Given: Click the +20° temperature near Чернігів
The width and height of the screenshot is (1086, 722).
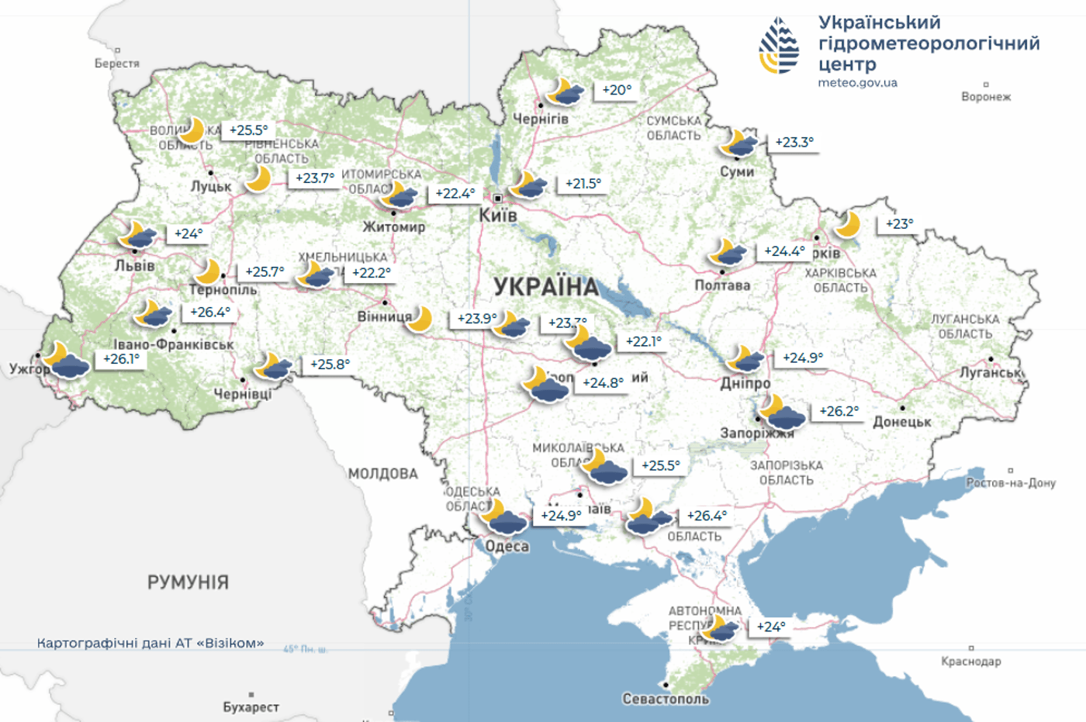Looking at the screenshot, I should pos(617,90).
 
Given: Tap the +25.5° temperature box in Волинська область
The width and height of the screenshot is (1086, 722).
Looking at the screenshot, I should pos(248,130).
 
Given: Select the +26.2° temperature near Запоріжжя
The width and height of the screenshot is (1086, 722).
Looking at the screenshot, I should pos(839,411).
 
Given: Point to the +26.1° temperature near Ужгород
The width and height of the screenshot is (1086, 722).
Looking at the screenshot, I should pos(122,359).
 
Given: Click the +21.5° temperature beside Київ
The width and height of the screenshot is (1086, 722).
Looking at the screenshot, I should pos(583,184).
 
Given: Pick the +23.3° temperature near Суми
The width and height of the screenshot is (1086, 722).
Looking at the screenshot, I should pos(794,142).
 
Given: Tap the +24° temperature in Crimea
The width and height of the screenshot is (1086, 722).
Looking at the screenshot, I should pos(771,627).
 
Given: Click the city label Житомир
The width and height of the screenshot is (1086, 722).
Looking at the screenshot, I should pos(394,227).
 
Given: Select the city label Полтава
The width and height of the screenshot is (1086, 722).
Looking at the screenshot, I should pos(722,285).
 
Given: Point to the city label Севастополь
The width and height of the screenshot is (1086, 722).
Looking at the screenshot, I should pos(666,699).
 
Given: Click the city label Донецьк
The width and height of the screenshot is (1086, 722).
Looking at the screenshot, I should pos(902,422).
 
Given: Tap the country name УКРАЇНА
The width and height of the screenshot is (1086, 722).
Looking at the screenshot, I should pos(547,287).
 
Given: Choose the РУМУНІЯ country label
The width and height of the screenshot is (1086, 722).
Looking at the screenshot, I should pos(188,582).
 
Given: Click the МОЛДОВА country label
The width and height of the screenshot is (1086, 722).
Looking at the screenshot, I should pos(383,474).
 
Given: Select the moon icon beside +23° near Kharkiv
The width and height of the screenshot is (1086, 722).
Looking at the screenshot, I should pos(848,225).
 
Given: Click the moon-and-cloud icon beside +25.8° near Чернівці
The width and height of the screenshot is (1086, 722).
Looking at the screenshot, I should pos(275,365).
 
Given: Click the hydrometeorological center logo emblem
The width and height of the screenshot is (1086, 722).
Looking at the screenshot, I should pos(779,46).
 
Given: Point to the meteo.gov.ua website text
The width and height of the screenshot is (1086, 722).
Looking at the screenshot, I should pos(857,83).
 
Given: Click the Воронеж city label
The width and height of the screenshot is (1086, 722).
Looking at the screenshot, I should pos(986,97).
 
